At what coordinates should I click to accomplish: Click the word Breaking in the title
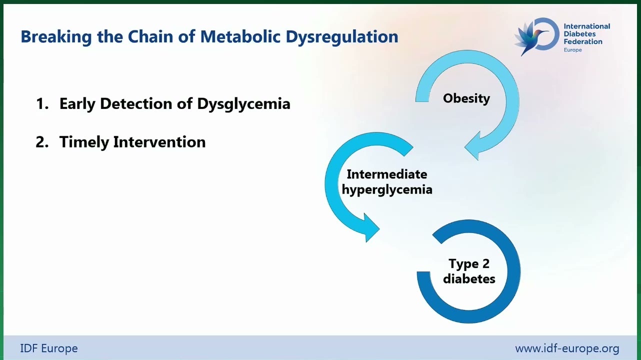pos(56,37)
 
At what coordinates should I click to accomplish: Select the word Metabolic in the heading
pos(240,36)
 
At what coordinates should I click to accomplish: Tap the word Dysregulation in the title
pos(342,37)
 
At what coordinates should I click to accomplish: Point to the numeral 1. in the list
pos(42,103)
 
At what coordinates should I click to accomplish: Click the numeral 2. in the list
pos(42,142)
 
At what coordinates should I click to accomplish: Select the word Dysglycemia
pos(244,104)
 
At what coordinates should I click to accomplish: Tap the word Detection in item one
pos(136,103)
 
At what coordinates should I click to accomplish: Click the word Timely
pos(84,142)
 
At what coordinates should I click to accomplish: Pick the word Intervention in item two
pos(159,142)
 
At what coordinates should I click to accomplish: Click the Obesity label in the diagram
pos(466,98)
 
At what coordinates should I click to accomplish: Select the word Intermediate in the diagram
pos(387,174)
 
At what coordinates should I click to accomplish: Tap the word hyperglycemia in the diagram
pos(387,190)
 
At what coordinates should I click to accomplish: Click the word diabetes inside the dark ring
pos(469,278)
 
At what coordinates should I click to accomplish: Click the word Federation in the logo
pos(583,42)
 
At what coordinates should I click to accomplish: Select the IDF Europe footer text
pos(49,348)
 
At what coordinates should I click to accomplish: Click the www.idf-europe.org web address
pos(567,349)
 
